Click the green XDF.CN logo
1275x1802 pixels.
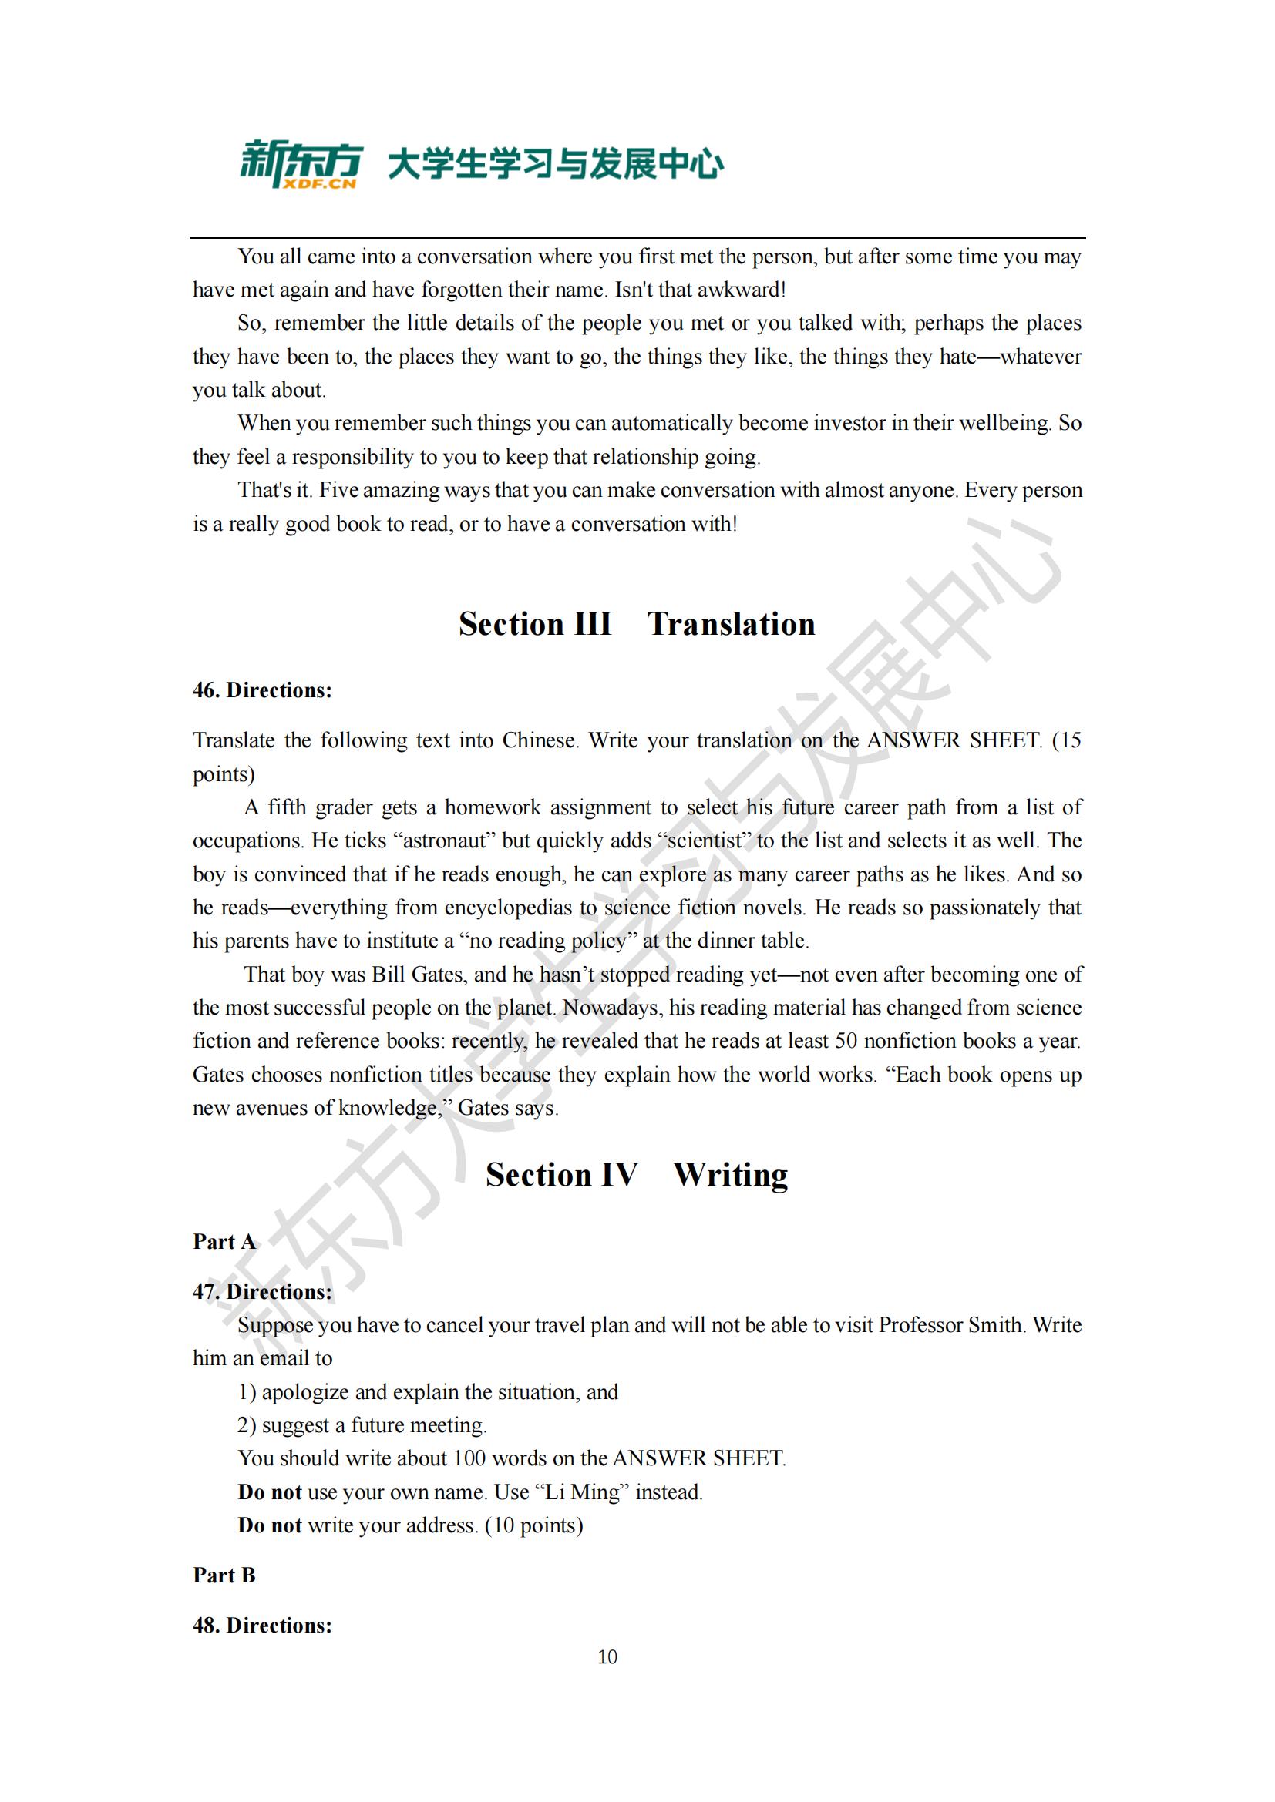(x=301, y=164)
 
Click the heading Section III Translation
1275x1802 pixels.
(x=637, y=624)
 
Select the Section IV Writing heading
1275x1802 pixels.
(x=637, y=1175)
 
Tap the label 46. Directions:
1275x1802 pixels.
(x=262, y=690)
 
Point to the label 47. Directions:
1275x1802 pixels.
(x=262, y=1292)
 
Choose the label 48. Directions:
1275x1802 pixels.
(x=262, y=1625)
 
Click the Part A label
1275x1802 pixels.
(x=224, y=1242)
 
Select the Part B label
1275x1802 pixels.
(x=224, y=1575)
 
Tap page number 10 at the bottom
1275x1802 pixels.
(x=607, y=1657)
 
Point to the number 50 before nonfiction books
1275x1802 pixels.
(x=846, y=1041)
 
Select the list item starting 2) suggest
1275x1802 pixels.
(x=362, y=1425)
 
